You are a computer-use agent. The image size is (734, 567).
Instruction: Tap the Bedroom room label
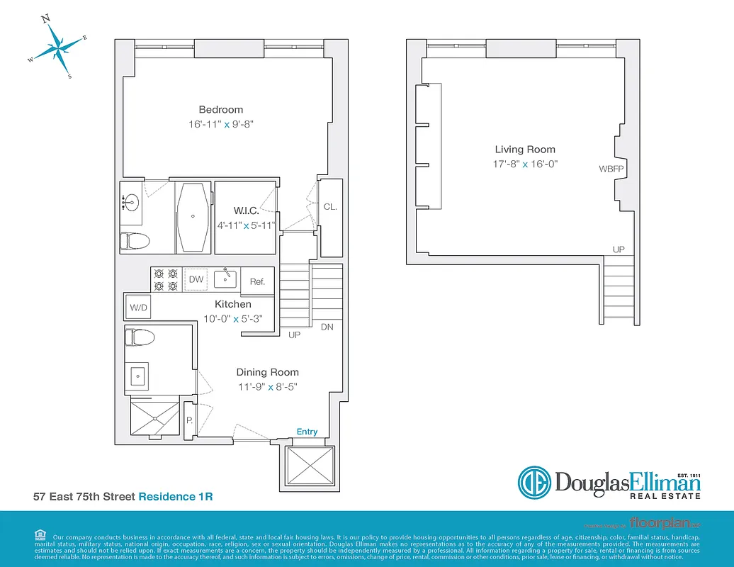click(x=220, y=110)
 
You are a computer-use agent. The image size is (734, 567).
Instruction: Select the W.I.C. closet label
click(x=245, y=210)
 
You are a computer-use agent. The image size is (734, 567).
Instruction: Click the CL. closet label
click(x=329, y=207)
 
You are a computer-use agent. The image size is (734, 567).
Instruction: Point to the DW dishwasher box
click(x=196, y=280)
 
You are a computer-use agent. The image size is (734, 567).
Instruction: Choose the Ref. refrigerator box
click(x=257, y=281)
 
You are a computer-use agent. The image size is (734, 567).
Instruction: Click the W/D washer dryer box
click(x=138, y=308)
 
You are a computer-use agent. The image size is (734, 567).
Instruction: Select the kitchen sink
click(x=225, y=279)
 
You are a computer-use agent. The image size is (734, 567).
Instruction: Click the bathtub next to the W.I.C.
click(x=193, y=216)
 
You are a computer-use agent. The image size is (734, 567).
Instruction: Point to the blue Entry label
click(x=307, y=432)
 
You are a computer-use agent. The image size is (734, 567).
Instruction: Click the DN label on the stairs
click(x=327, y=327)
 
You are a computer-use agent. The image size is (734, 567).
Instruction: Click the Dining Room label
click(x=267, y=372)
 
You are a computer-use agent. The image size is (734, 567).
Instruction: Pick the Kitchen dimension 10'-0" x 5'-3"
click(x=233, y=319)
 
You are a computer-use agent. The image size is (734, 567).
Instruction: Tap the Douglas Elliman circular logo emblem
click(x=534, y=483)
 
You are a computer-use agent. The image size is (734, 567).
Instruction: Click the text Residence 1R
click(x=175, y=497)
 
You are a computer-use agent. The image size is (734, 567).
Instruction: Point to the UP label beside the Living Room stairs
click(x=619, y=250)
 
